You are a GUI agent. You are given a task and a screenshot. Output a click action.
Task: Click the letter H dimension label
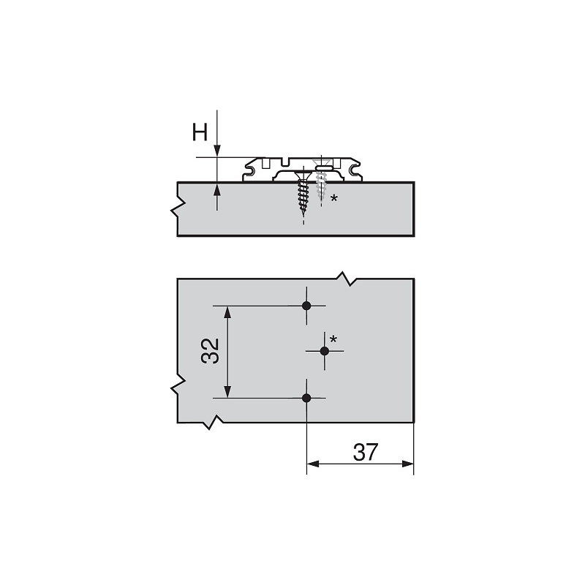click(x=200, y=132)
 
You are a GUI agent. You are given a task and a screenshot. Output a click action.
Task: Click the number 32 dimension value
click(x=210, y=351)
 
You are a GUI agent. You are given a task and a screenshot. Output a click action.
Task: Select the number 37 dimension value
click(x=365, y=452)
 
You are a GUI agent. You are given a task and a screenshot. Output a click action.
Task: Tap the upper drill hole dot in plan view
click(x=306, y=306)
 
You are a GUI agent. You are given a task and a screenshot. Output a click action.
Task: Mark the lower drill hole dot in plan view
click(x=306, y=398)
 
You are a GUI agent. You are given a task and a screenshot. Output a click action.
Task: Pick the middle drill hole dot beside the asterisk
click(x=325, y=351)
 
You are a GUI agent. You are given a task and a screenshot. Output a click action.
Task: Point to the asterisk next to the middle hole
click(x=333, y=339)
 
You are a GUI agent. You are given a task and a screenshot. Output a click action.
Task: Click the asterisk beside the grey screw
click(x=334, y=198)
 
